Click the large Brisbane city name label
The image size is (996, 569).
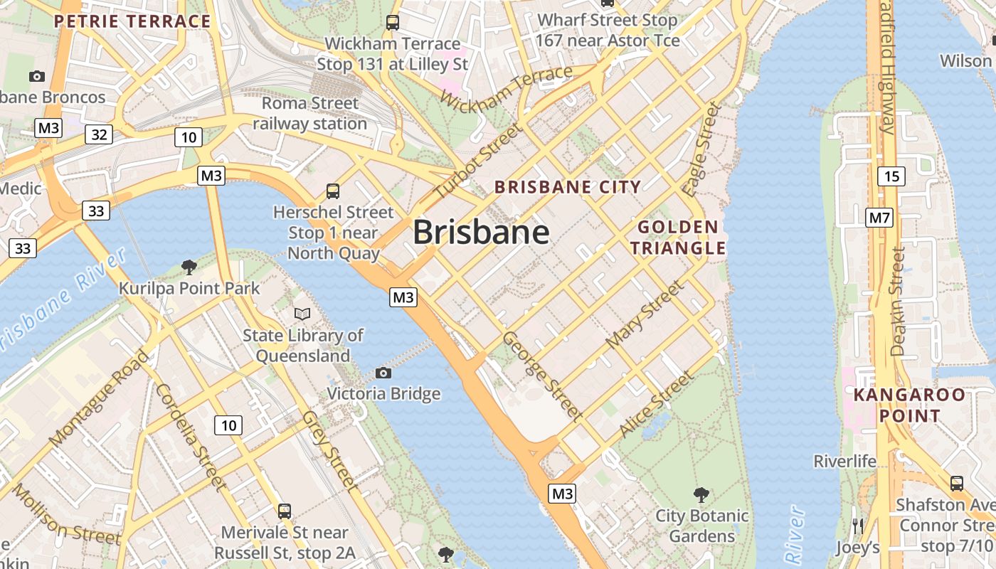point(481,232)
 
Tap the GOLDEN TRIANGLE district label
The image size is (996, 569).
point(677,238)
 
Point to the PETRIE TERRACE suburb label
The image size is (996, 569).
point(132,21)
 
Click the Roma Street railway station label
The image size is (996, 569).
point(310,113)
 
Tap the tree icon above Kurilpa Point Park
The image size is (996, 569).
point(189,267)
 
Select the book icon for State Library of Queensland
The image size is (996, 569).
point(302,313)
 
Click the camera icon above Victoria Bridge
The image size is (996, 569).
point(383,373)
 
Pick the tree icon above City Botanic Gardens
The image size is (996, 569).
point(701,494)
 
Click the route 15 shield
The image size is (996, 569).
point(891,176)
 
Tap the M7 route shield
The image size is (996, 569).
point(879,217)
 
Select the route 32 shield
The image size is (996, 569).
point(99,134)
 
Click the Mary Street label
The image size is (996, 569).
point(645,314)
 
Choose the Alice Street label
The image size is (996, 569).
point(655,405)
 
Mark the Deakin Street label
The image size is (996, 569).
point(898,302)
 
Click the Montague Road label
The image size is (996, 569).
point(100,398)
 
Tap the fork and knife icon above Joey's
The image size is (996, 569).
point(858,526)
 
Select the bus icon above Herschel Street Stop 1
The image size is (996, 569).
point(332,191)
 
